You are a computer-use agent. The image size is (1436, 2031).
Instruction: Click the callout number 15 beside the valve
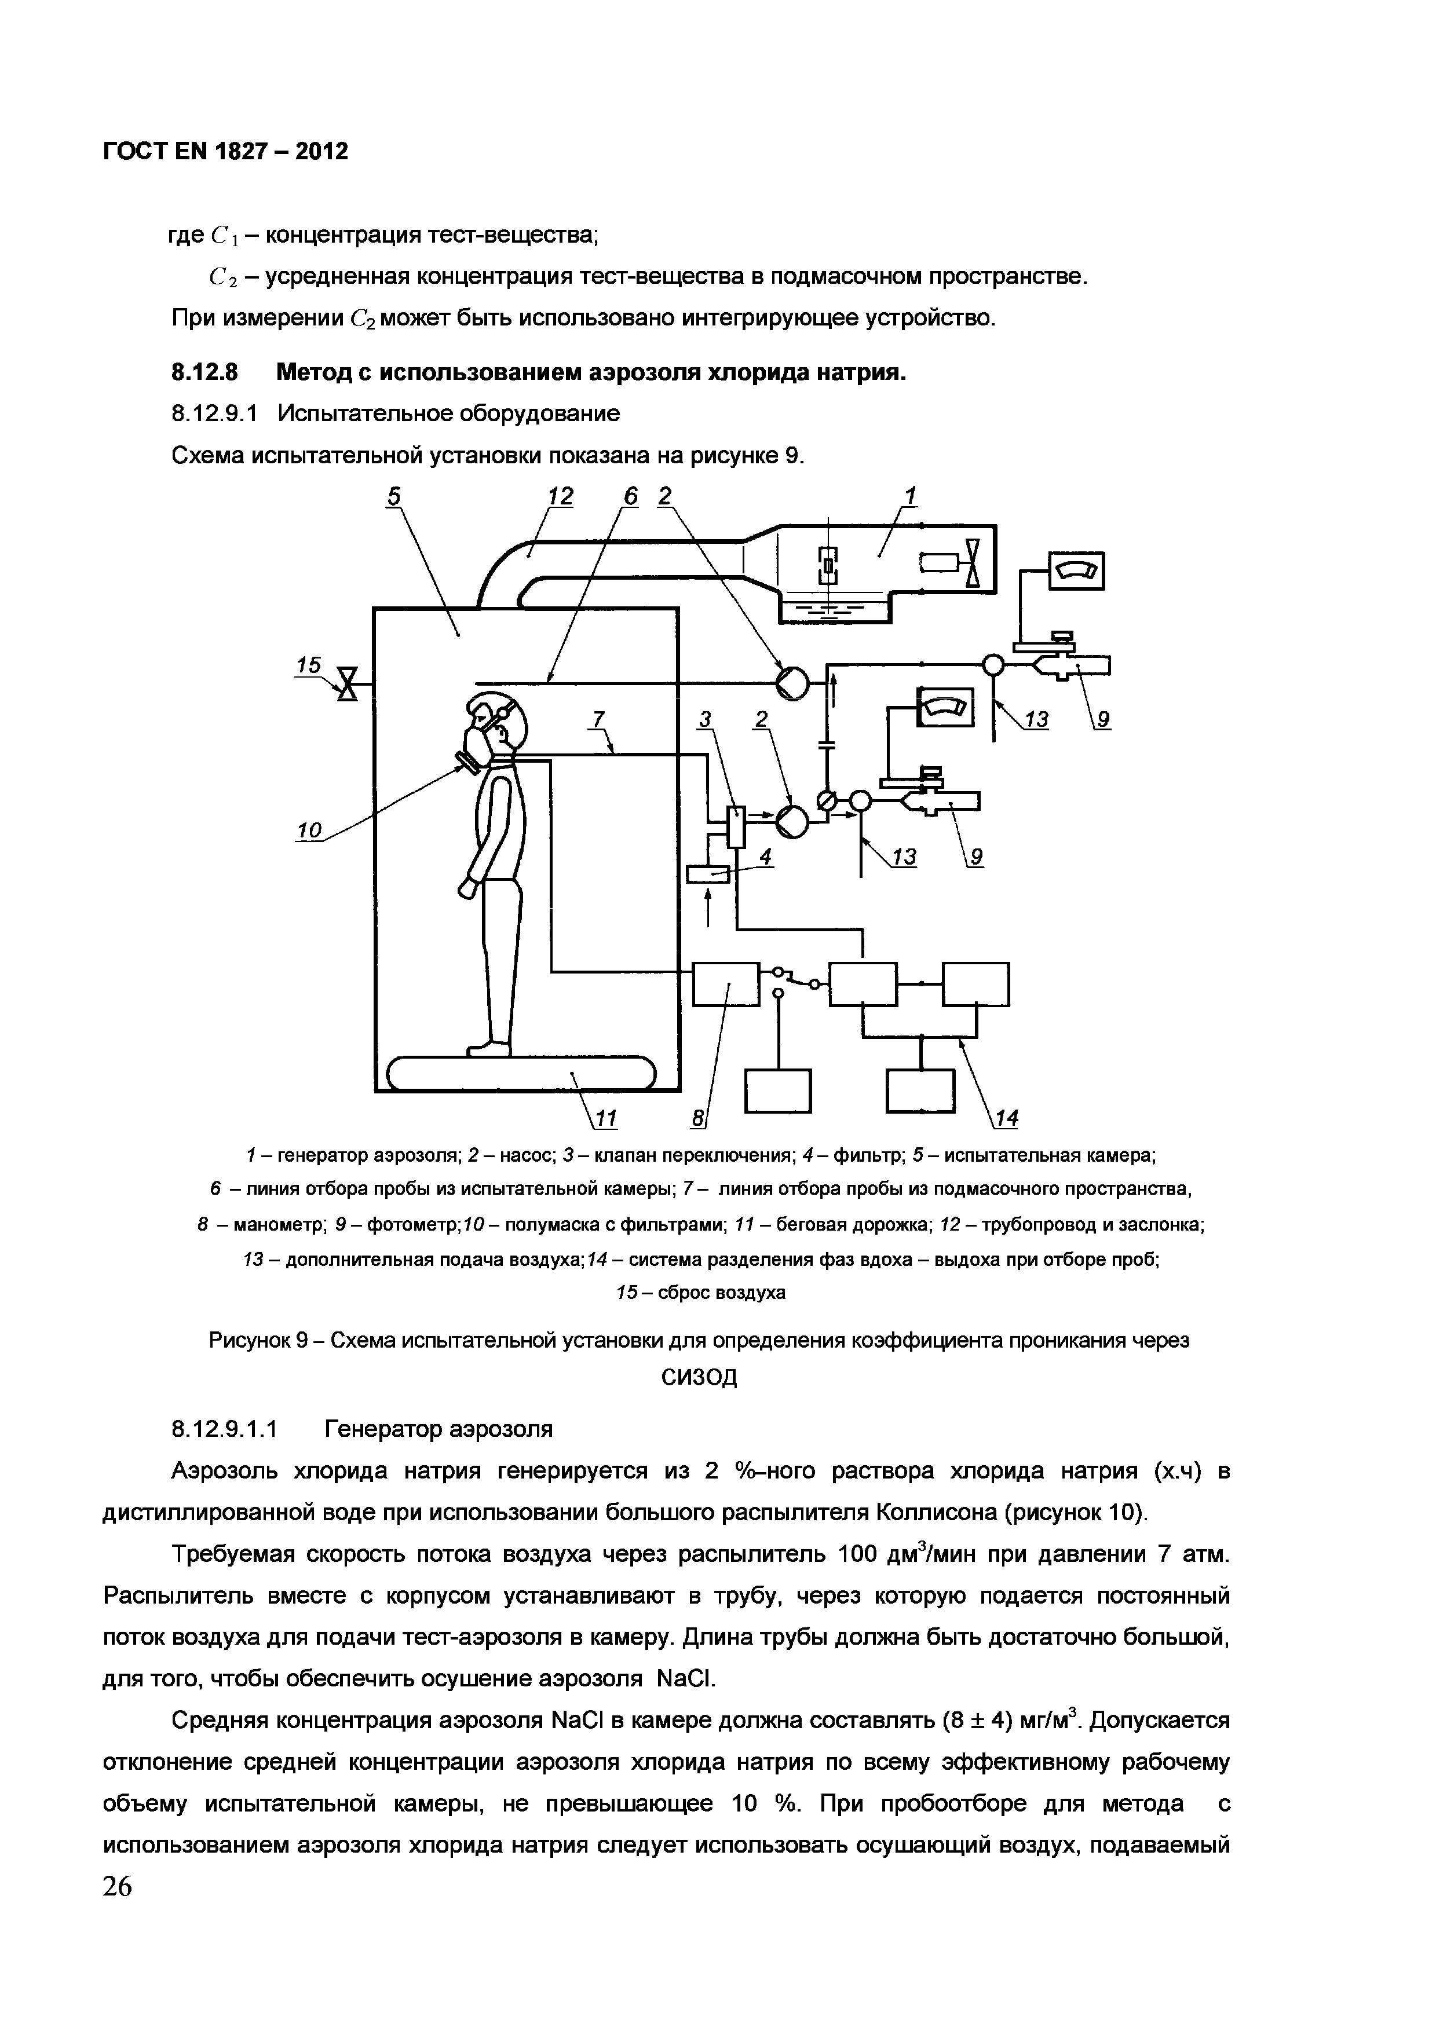coord(309,664)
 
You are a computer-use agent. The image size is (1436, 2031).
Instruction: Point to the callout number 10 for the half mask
coord(309,830)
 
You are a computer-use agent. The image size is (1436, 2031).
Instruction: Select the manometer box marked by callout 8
coord(725,984)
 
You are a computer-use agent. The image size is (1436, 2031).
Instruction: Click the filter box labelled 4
coord(708,874)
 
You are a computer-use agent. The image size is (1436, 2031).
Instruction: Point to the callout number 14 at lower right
coord(1007,1119)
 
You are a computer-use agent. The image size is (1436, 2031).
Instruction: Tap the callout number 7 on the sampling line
coord(598,721)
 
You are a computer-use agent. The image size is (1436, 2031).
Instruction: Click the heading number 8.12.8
coord(204,372)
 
